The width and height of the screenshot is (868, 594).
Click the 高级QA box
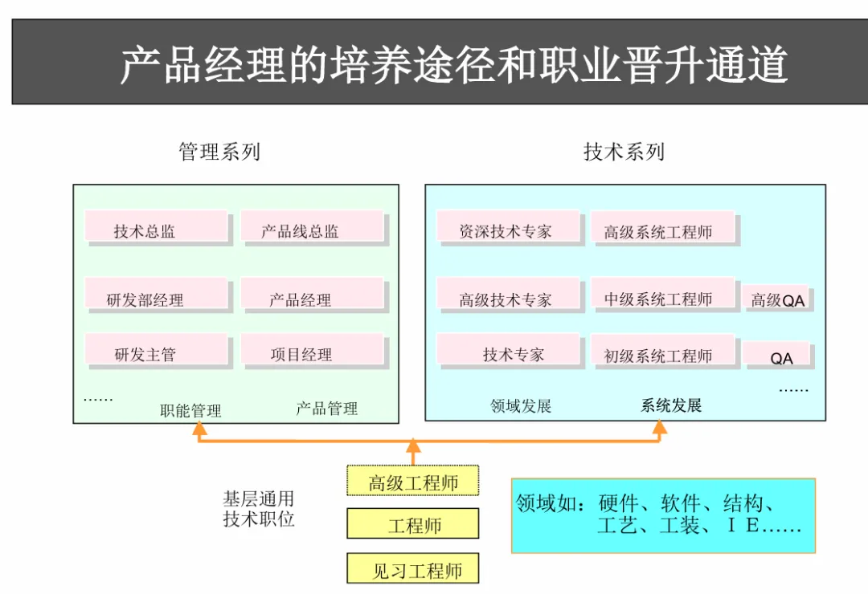(x=776, y=299)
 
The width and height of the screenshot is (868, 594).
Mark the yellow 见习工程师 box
(x=413, y=569)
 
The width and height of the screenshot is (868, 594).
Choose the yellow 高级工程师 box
(x=413, y=481)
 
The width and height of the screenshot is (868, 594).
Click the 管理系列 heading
(x=219, y=151)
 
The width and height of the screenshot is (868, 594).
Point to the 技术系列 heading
(x=624, y=151)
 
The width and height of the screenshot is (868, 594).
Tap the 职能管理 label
(x=190, y=410)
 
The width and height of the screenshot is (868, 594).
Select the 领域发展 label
(x=521, y=405)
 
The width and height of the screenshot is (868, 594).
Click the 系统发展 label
(x=671, y=405)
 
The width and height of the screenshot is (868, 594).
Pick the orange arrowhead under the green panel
(x=199, y=431)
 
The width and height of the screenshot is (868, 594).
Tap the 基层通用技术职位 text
(x=259, y=509)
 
